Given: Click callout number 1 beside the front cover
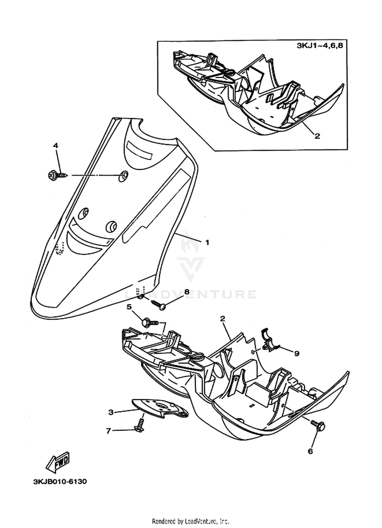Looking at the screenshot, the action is coord(207,242).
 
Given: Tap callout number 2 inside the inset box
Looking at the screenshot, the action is coord(317,136).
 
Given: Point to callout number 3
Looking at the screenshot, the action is coord(111,412).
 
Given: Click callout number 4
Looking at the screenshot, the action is coord(55,146).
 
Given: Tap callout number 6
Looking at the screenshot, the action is coord(310,458).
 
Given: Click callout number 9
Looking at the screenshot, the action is coord(296,354).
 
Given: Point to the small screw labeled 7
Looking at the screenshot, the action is coord(140,426).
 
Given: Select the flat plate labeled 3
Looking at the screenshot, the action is coord(160,408).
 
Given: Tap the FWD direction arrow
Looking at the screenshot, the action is coord(58,461).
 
